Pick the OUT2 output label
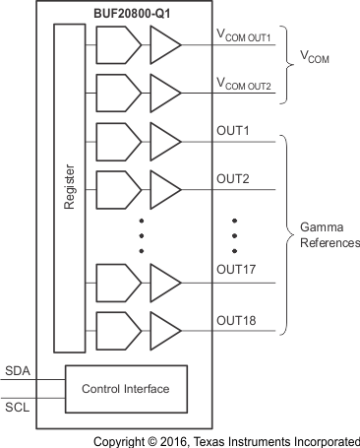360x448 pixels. [x=232, y=178]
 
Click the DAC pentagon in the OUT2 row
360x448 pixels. [x=117, y=188]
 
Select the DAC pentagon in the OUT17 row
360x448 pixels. [x=117, y=282]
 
